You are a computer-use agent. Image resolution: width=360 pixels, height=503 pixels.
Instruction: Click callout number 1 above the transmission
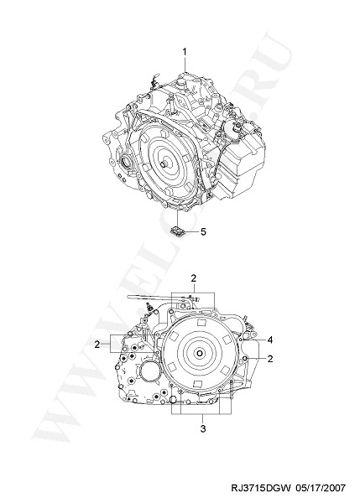(185, 52)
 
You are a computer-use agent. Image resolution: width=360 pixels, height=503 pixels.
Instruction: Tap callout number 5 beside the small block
(203, 231)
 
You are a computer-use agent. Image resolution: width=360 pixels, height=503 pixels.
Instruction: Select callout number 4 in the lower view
(270, 340)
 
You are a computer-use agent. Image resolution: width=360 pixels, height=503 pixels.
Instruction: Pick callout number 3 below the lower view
(203, 428)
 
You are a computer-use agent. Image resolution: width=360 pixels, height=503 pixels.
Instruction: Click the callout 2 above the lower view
(193, 278)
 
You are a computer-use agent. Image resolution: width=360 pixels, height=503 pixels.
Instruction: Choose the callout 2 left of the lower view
(97, 345)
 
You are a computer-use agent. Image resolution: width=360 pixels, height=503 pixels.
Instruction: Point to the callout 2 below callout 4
(270, 358)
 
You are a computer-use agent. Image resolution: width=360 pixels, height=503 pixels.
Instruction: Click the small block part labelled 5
(177, 231)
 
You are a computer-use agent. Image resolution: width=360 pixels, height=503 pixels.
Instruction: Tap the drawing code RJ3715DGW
(261, 488)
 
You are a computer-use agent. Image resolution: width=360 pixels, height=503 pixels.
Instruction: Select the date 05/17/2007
(321, 488)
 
